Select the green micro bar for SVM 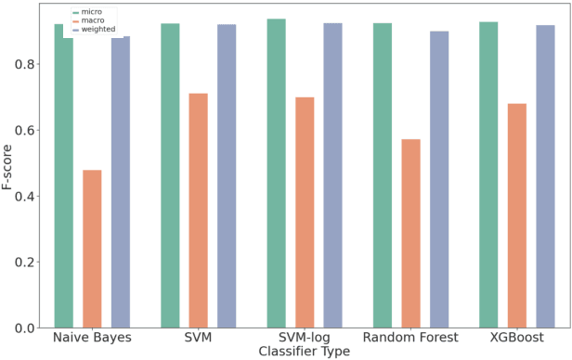(170, 175)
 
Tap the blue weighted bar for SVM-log (332, 175)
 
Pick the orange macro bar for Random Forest (410, 233)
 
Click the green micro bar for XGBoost (488, 174)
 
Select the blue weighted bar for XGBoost (545, 176)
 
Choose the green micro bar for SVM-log (277, 174)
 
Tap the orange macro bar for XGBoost (517, 215)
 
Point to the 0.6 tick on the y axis (33, 130)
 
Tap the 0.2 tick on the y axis (33, 263)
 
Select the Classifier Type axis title (305, 352)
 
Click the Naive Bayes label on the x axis (92, 338)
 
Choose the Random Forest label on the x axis (410, 338)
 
